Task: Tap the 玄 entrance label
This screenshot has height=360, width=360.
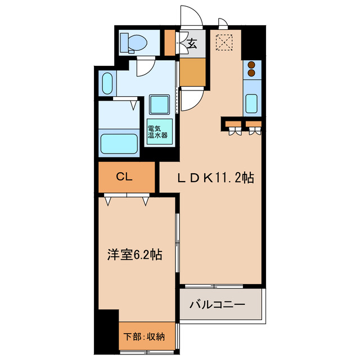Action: tap(192, 43)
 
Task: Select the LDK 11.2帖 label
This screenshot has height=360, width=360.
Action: tap(215, 178)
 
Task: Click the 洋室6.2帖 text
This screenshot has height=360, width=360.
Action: tap(135, 255)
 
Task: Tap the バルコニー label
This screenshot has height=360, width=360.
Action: tap(217, 305)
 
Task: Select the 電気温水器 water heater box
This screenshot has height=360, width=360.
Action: tap(157, 132)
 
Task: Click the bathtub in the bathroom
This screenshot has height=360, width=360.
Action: tap(119, 145)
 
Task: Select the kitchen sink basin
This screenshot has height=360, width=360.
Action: tap(252, 104)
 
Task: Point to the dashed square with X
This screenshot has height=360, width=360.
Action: tap(225, 42)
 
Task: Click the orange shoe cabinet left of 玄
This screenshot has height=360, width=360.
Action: tap(169, 43)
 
